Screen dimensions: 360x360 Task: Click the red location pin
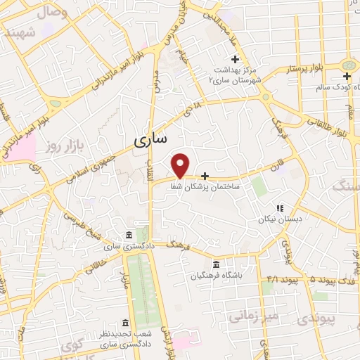pos(181,165)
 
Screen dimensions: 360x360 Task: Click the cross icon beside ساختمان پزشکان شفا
pos(205,176)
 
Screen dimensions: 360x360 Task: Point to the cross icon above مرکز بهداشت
pos(235,59)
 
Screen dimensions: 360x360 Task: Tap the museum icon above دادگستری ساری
pos(127,235)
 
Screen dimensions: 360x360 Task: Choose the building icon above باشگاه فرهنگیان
pos(215,264)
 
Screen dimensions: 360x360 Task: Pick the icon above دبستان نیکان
pos(279,209)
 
